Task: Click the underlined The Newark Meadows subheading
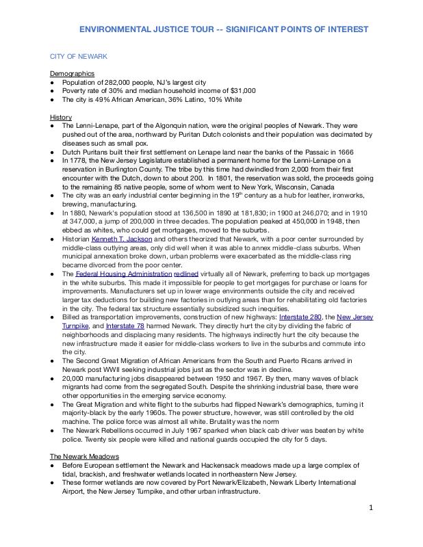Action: click(84, 455)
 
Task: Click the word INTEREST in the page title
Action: click(346, 29)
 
